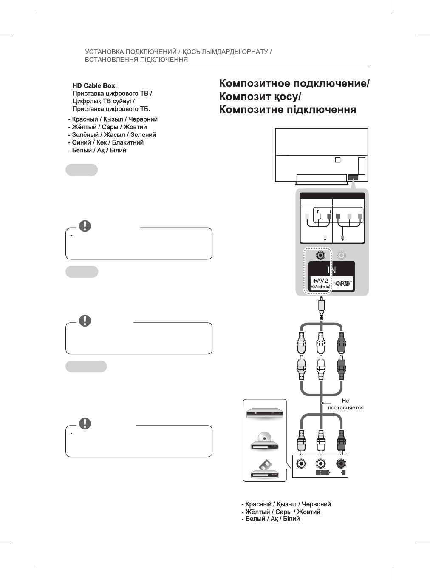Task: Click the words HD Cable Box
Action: coord(93,85)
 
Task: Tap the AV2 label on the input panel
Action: coord(320,281)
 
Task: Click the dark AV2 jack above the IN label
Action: coord(321,255)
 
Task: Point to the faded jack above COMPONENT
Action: coord(341,255)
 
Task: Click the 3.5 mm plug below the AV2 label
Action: coord(322,306)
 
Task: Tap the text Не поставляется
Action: coord(345,404)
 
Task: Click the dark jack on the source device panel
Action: coord(341,464)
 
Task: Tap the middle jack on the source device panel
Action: coord(321,464)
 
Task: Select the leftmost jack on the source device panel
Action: coord(301,464)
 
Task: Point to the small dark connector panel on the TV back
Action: coord(353,177)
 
